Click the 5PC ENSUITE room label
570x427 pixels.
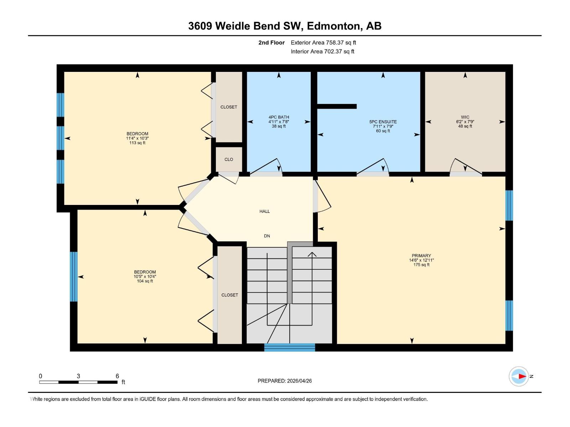[x=383, y=122]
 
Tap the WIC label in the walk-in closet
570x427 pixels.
[x=465, y=117]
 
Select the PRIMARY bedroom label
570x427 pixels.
[x=421, y=255]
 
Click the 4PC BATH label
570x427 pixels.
[x=279, y=117]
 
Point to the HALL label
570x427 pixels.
[x=264, y=211]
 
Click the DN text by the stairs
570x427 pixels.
[x=267, y=236]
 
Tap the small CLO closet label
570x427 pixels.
[x=229, y=159]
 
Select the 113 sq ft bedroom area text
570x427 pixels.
[x=137, y=143]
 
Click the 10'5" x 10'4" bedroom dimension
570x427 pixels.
[x=145, y=276]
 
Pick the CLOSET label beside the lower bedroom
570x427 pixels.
[x=229, y=295]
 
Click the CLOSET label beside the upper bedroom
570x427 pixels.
[x=229, y=107]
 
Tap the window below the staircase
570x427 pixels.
[x=289, y=347]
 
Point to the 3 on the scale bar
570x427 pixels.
[x=78, y=376]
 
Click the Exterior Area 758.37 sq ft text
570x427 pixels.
[x=323, y=43]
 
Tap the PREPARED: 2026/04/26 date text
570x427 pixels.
[x=285, y=381]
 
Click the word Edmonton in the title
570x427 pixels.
[x=333, y=26]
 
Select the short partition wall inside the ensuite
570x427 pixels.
[x=337, y=106]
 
